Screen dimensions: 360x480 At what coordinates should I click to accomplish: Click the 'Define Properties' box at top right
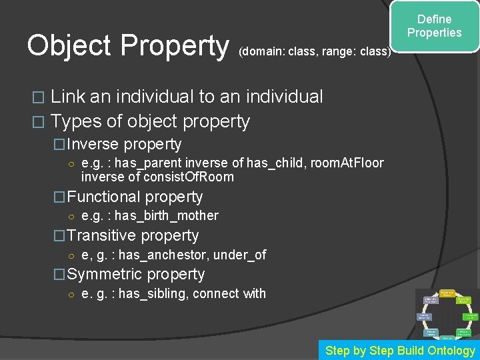click(434, 27)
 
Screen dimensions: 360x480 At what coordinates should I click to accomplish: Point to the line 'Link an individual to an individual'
click(187, 97)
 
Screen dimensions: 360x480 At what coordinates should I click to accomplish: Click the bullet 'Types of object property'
click(150, 121)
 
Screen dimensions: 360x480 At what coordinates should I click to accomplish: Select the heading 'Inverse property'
click(124, 144)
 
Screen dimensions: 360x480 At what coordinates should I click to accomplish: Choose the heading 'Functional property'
click(135, 197)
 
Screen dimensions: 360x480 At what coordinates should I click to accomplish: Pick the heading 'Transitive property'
click(133, 235)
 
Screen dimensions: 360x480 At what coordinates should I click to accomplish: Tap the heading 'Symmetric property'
click(136, 274)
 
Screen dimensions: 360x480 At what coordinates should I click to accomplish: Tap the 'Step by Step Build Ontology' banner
click(399, 351)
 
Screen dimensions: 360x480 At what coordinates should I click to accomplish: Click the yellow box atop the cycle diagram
click(447, 293)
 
